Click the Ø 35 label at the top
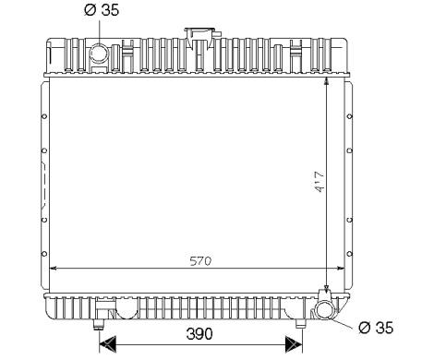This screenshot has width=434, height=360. tap(102, 10)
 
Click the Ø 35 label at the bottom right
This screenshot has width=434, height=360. tap(376, 328)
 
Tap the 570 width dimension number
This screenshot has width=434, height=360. tap(200, 261)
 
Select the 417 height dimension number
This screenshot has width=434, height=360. tap(319, 182)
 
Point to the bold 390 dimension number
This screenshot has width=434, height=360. tap(199, 334)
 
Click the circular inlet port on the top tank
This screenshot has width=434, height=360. tap(98, 54)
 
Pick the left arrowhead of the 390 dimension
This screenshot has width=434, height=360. tap(107, 344)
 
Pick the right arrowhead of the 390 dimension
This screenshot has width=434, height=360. tap(294, 344)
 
